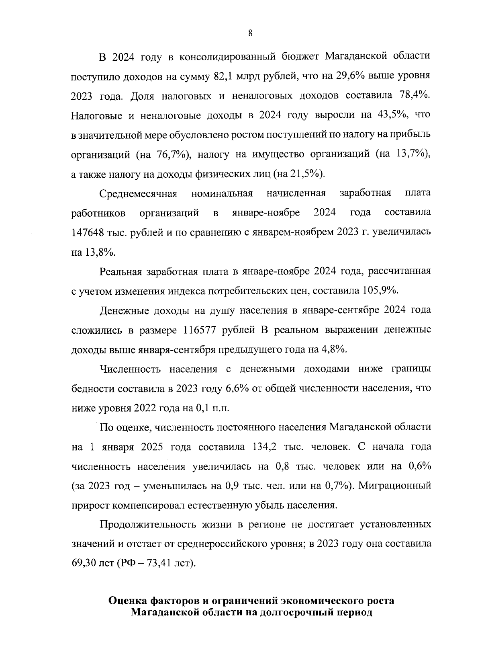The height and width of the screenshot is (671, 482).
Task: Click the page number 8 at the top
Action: pos(250,34)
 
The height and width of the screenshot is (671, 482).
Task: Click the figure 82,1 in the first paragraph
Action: pos(220,76)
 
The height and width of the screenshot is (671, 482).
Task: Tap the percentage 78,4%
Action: pos(415,96)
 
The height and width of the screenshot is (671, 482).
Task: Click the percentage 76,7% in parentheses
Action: pos(169,155)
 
